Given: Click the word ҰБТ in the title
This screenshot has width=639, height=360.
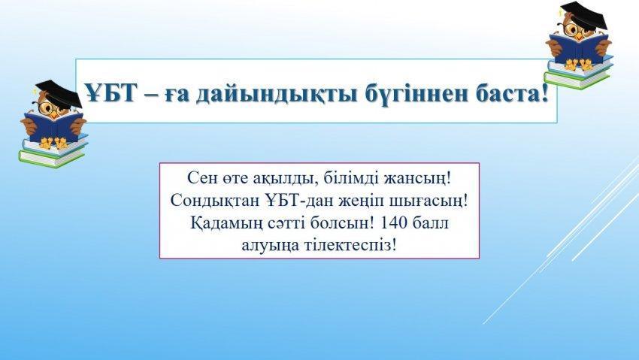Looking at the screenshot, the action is [x=110, y=93].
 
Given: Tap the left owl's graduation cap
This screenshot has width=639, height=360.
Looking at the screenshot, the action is [x=59, y=93].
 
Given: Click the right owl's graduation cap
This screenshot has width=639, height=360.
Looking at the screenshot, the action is [x=584, y=15].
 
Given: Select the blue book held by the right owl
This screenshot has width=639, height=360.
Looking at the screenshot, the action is [x=579, y=48].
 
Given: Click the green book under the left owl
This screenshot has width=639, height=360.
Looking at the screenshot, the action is [x=51, y=158].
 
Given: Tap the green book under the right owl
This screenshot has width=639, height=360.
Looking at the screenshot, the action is [x=577, y=79].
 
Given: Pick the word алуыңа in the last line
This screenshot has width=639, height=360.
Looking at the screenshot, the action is [x=270, y=247].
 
